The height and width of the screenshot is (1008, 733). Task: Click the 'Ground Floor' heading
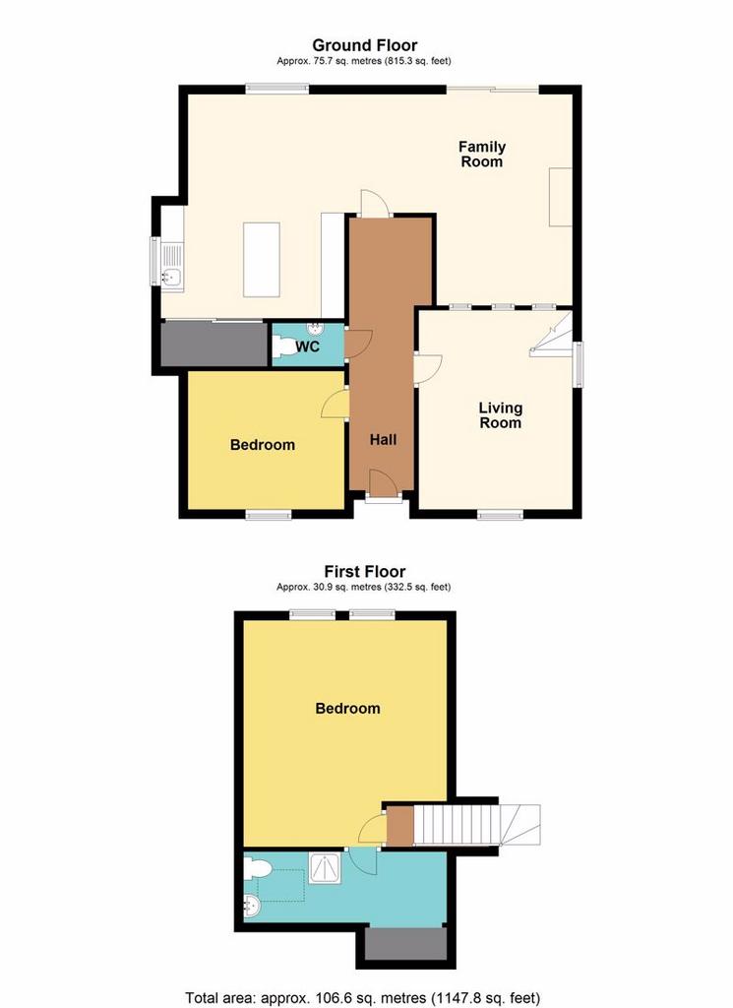point(364,45)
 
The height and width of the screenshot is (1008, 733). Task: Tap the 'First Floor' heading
point(364,571)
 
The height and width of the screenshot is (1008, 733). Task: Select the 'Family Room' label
point(482,155)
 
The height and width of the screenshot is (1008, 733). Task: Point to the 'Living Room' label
point(501,415)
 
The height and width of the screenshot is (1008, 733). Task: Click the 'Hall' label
point(383,440)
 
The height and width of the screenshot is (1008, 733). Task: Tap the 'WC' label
point(308,347)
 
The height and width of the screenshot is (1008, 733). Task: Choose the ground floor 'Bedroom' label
point(263,445)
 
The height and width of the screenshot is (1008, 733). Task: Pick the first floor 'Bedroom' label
point(347,709)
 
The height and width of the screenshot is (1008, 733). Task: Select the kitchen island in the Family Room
point(262,260)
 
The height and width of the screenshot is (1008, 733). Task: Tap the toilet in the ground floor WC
point(282,346)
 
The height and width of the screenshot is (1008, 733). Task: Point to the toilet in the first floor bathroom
point(257,870)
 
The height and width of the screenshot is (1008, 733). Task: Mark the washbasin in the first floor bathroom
point(251,907)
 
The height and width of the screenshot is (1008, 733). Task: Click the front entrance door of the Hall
point(383,483)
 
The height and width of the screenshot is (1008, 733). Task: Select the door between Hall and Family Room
point(375,204)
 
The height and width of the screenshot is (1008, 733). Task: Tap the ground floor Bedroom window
point(270,514)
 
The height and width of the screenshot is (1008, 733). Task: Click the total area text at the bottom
point(363,998)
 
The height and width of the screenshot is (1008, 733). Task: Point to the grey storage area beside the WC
point(214,345)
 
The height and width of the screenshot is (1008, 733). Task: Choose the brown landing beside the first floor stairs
point(400,826)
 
